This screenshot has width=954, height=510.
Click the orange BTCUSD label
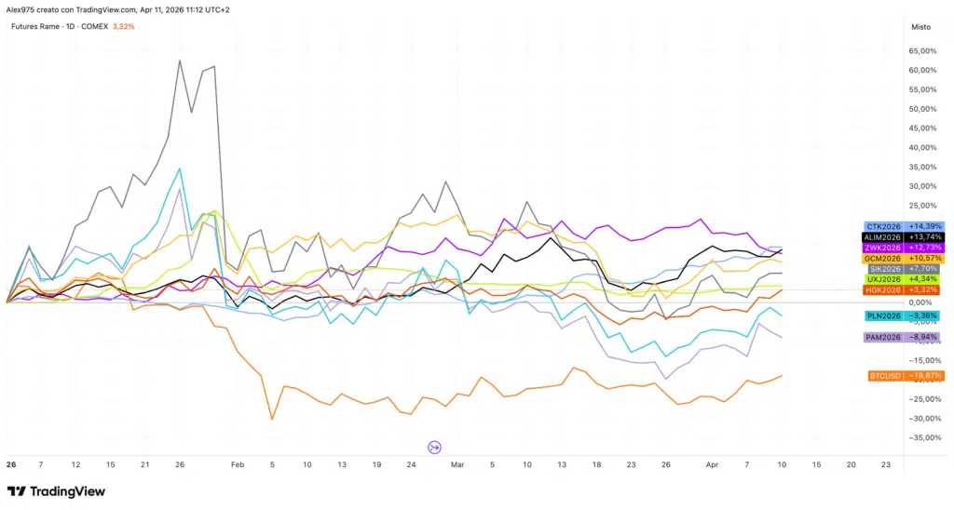(885, 376)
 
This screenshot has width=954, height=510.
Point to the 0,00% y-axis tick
(920, 302)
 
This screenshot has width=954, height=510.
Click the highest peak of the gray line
(178, 61)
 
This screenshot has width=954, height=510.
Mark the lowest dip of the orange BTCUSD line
(272, 419)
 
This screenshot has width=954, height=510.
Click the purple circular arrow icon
(434, 448)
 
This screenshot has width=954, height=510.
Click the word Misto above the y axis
(920, 27)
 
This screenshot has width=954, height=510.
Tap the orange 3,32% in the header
(123, 26)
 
